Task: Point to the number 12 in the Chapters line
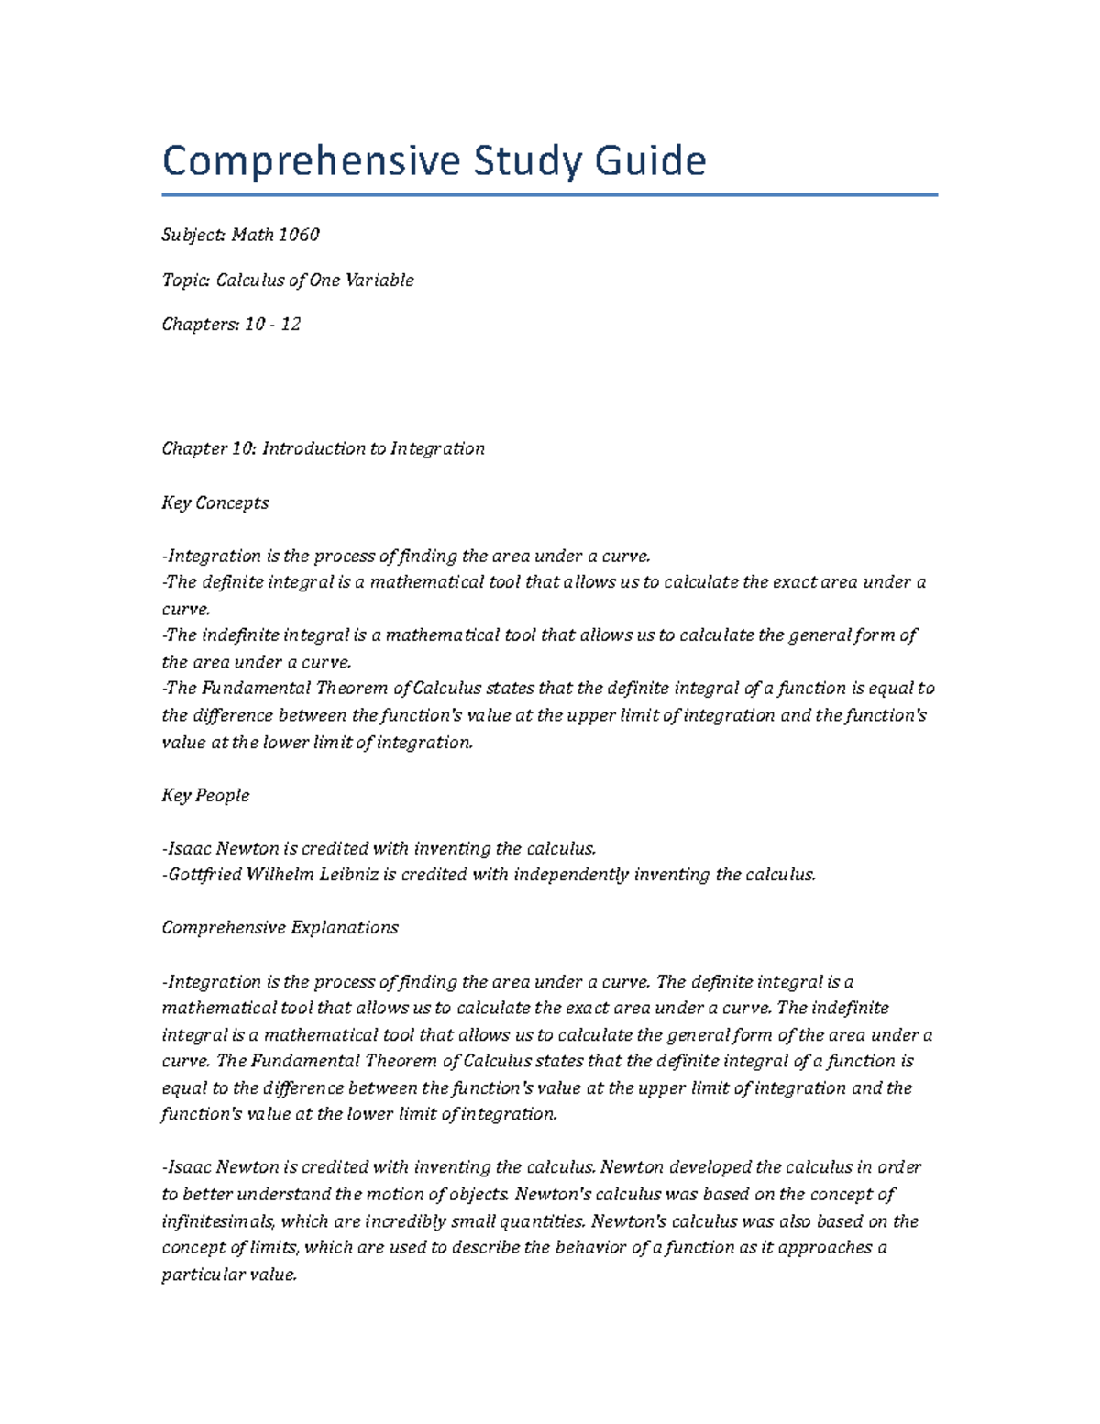click(291, 324)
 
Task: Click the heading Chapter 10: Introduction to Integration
click(323, 448)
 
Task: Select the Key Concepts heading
click(215, 502)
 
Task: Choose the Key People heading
click(205, 795)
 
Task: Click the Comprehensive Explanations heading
click(280, 927)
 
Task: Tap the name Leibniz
click(348, 874)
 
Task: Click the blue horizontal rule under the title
click(550, 194)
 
